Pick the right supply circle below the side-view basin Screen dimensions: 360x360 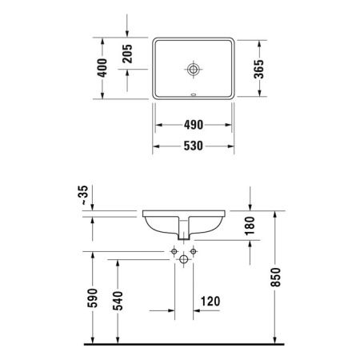194,250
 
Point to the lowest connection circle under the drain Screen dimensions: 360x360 184,258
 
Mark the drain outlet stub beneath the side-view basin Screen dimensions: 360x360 184,234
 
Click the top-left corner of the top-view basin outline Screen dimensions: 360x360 154,38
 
